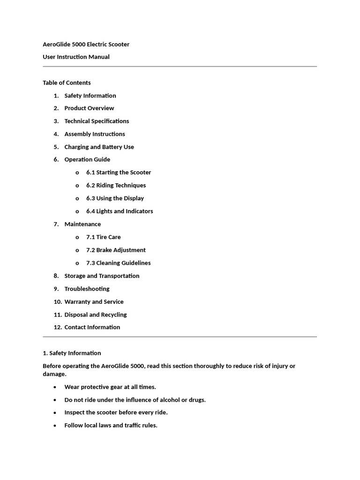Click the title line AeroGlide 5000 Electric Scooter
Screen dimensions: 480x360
(x=86, y=45)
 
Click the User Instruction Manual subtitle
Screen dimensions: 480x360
(x=76, y=57)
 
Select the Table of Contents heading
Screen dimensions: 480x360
(x=67, y=83)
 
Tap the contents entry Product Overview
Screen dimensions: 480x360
(x=89, y=108)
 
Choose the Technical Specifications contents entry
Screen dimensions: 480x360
(x=97, y=121)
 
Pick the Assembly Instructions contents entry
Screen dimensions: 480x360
(x=95, y=134)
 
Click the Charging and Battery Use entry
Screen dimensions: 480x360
(x=99, y=147)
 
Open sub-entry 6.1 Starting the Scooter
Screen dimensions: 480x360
(x=119, y=172)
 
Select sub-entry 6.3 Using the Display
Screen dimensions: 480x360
(x=115, y=198)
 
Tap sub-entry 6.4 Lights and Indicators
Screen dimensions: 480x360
(x=120, y=211)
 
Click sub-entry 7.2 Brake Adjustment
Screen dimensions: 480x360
(x=116, y=250)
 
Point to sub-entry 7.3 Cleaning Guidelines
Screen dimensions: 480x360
(x=118, y=263)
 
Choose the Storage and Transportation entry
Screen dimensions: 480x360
(x=102, y=276)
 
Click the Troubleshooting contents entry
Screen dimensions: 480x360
(x=87, y=289)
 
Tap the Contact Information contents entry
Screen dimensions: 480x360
(x=92, y=327)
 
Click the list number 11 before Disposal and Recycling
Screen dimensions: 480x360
(x=57, y=315)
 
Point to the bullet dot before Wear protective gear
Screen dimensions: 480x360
(x=55, y=387)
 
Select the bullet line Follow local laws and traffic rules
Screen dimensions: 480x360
(x=111, y=426)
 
